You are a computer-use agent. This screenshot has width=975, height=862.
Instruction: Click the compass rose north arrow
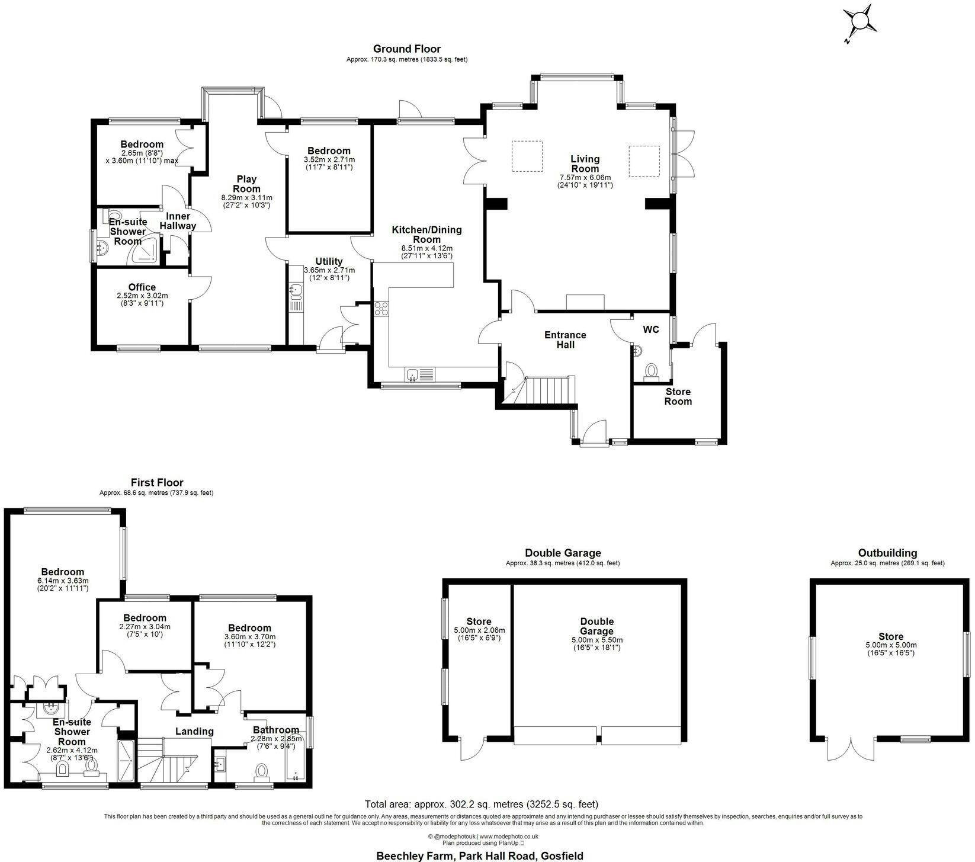tap(859, 24)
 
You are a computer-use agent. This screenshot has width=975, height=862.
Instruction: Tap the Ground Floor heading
tap(406, 49)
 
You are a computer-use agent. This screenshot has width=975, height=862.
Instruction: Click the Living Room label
tap(585, 164)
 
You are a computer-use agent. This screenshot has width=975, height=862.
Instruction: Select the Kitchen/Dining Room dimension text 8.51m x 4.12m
tap(426, 248)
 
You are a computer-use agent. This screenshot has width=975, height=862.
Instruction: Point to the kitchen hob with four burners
tap(381, 308)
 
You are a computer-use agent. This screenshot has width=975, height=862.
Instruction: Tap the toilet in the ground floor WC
tap(652, 372)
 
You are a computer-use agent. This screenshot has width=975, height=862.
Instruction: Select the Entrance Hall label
tap(565, 340)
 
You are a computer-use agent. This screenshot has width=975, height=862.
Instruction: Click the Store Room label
tap(678, 396)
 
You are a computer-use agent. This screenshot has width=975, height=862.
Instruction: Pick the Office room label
tap(142, 287)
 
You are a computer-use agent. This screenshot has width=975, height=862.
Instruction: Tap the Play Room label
tap(246, 184)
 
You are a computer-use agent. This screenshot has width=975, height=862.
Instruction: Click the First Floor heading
tap(157, 483)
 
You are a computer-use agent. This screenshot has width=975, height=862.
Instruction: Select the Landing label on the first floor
tap(194, 732)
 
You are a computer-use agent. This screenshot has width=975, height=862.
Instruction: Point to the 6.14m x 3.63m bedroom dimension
tap(62, 585)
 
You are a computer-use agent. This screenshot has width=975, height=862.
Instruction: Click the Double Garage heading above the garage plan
tap(563, 553)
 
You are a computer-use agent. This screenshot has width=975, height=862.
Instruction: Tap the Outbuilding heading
tap(887, 553)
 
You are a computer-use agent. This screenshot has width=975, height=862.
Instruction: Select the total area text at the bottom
tap(482, 804)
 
